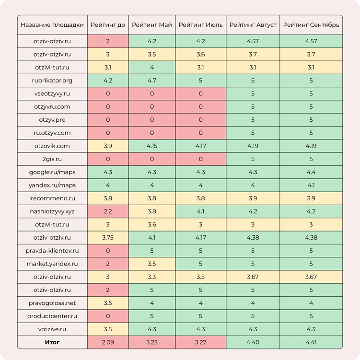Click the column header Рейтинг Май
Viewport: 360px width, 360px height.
coord(151,24)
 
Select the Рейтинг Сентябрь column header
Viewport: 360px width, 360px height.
coord(311,24)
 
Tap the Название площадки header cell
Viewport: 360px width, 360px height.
coord(52,24)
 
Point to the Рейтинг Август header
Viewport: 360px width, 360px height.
coord(253,24)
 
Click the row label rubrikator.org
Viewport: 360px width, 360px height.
coord(52,81)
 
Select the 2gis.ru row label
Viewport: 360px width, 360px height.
coord(52,159)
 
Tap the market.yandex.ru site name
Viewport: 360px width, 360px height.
coord(52,264)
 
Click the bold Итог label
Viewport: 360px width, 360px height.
coord(52,342)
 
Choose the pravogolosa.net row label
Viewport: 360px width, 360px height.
coord(52,303)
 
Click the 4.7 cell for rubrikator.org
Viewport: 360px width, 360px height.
coord(151,81)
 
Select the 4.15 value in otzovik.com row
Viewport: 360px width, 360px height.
coord(151,146)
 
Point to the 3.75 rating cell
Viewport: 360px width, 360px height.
coord(108,237)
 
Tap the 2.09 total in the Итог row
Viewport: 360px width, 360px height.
coord(108,342)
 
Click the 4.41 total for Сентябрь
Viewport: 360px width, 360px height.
coord(311,342)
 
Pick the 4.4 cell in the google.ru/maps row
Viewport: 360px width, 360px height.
coord(311,172)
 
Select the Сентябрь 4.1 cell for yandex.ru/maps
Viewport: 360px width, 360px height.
coord(311,185)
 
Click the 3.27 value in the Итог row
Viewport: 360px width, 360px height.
coord(200,342)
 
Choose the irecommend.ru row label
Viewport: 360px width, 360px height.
coord(52,198)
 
